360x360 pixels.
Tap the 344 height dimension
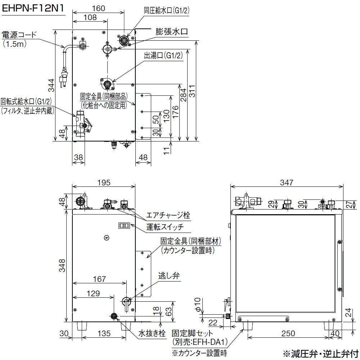pyautogui.click(x=51, y=85)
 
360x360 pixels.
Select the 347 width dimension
pyautogui.click(x=287, y=183)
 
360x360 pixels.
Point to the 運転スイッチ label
pyautogui.click(x=165, y=227)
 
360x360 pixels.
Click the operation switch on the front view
pyautogui.click(x=124, y=226)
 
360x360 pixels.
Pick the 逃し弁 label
pyautogui.click(x=169, y=276)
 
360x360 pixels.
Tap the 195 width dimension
pyautogui.click(x=104, y=183)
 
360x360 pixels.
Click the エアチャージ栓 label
pyautogui.click(x=168, y=216)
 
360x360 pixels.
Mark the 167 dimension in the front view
pyautogui.click(x=99, y=279)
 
